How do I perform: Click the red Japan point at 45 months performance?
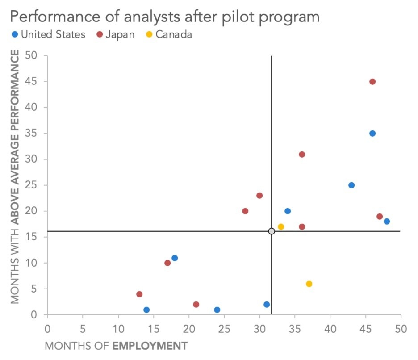372,82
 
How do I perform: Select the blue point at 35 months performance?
372,134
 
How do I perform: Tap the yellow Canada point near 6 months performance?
309,284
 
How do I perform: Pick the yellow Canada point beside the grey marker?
281,227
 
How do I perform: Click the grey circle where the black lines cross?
272,231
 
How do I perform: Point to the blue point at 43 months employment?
351,185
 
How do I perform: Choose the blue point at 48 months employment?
387,222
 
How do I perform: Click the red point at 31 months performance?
302,155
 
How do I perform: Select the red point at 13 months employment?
139,294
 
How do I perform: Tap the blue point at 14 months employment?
146,310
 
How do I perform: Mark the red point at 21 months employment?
196,305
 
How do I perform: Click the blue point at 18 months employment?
175,258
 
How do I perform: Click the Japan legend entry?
116,35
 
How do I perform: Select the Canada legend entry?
169,35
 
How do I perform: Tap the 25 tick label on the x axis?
224,329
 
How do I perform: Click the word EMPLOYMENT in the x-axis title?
150,346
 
